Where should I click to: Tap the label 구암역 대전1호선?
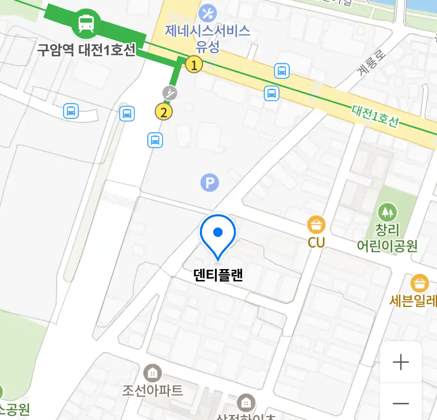(86, 50)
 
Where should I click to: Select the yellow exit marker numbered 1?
(194, 65)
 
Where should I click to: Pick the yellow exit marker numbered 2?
(164, 112)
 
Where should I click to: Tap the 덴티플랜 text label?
(218, 275)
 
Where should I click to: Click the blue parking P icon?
(210, 183)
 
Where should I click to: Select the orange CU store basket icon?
(316, 225)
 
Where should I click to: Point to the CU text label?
(316, 242)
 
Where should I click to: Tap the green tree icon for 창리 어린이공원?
(387, 212)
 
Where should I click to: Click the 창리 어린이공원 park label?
(387, 238)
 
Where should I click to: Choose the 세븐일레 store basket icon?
(420, 283)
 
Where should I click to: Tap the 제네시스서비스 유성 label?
(208, 38)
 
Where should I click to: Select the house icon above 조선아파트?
(153, 373)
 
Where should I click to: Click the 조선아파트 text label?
(153, 390)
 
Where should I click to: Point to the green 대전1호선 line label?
(375, 116)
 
